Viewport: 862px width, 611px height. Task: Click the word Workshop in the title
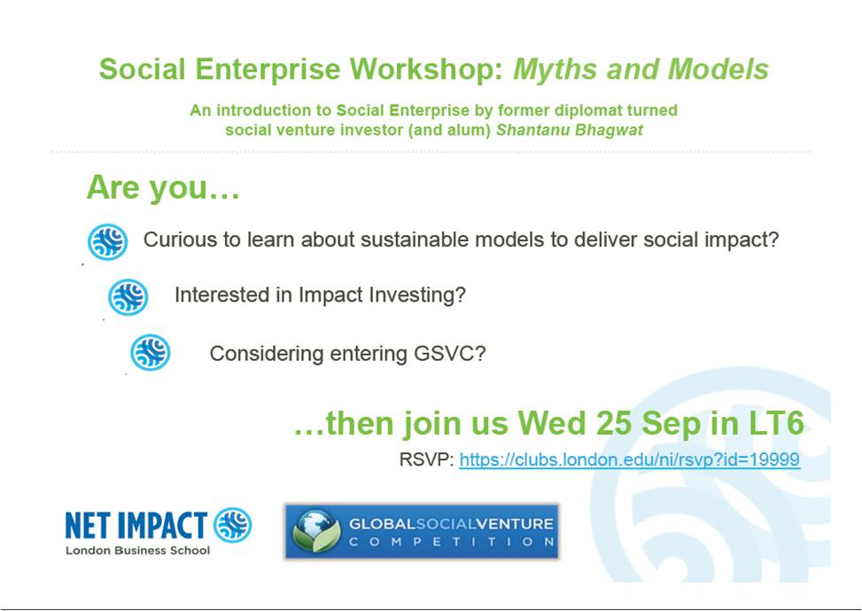pos(427,70)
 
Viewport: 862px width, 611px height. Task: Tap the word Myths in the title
pos(555,70)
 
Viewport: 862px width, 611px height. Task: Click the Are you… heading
pos(163,187)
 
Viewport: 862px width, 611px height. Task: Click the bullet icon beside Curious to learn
pos(108,241)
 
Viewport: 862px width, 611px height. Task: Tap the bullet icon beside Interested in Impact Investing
pos(128,297)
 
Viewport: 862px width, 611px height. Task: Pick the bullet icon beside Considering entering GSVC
pos(150,352)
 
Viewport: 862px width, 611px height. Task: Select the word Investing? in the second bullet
pos(417,295)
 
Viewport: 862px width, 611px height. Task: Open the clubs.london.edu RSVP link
pos(630,459)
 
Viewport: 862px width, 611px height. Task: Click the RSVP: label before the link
pos(427,459)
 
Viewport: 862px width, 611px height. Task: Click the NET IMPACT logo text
pos(136,525)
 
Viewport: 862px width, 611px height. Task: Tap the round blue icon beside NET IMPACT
pos(232,525)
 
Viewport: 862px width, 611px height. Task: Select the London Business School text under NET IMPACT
pos(137,551)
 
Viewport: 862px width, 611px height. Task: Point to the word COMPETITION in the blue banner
pos(451,542)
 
